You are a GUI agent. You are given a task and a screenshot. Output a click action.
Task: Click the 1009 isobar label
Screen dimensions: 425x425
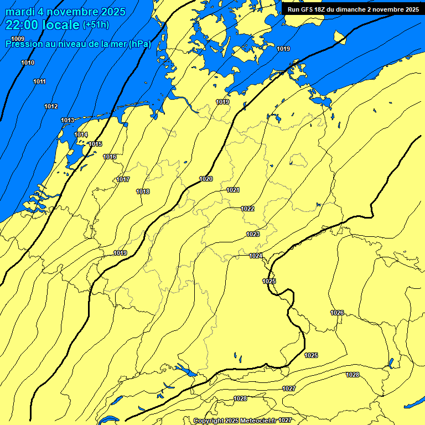tap(18, 38)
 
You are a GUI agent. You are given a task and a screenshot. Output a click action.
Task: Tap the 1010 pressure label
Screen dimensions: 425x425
tap(28, 63)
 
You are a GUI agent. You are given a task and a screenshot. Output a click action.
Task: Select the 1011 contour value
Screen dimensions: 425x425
tap(39, 81)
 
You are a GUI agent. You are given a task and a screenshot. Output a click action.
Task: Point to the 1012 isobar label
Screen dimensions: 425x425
tap(51, 106)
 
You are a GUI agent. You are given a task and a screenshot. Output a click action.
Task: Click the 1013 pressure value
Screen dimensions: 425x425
tap(68, 120)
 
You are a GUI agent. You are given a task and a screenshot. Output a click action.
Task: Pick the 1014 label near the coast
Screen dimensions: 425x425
tap(81, 134)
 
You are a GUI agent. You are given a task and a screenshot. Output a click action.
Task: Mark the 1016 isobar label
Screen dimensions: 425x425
tap(110, 157)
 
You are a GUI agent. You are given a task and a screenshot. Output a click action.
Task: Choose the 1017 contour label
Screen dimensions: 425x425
tap(123, 179)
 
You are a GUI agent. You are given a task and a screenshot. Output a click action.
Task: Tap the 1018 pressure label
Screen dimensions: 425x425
tap(143, 191)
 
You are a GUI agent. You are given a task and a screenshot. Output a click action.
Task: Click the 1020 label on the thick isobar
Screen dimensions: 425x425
tap(206, 179)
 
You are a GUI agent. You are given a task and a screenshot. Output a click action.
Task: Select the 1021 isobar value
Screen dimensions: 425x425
tap(233, 190)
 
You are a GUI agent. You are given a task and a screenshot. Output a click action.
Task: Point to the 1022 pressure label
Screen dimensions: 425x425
tap(247, 209)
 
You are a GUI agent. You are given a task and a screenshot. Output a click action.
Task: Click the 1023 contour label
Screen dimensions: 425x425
tap(253, 234)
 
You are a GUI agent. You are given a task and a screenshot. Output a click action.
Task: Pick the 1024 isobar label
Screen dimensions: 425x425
tap(256, 256)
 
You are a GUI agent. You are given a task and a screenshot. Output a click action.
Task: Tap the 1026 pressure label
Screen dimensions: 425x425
tap(337, 313)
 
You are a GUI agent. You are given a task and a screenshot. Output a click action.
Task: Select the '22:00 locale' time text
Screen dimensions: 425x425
tap(43, 25)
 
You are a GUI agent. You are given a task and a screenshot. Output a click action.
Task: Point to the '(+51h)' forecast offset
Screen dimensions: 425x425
tap(96, 25)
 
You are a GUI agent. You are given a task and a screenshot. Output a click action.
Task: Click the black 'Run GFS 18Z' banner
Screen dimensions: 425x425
tap(353, 9)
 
